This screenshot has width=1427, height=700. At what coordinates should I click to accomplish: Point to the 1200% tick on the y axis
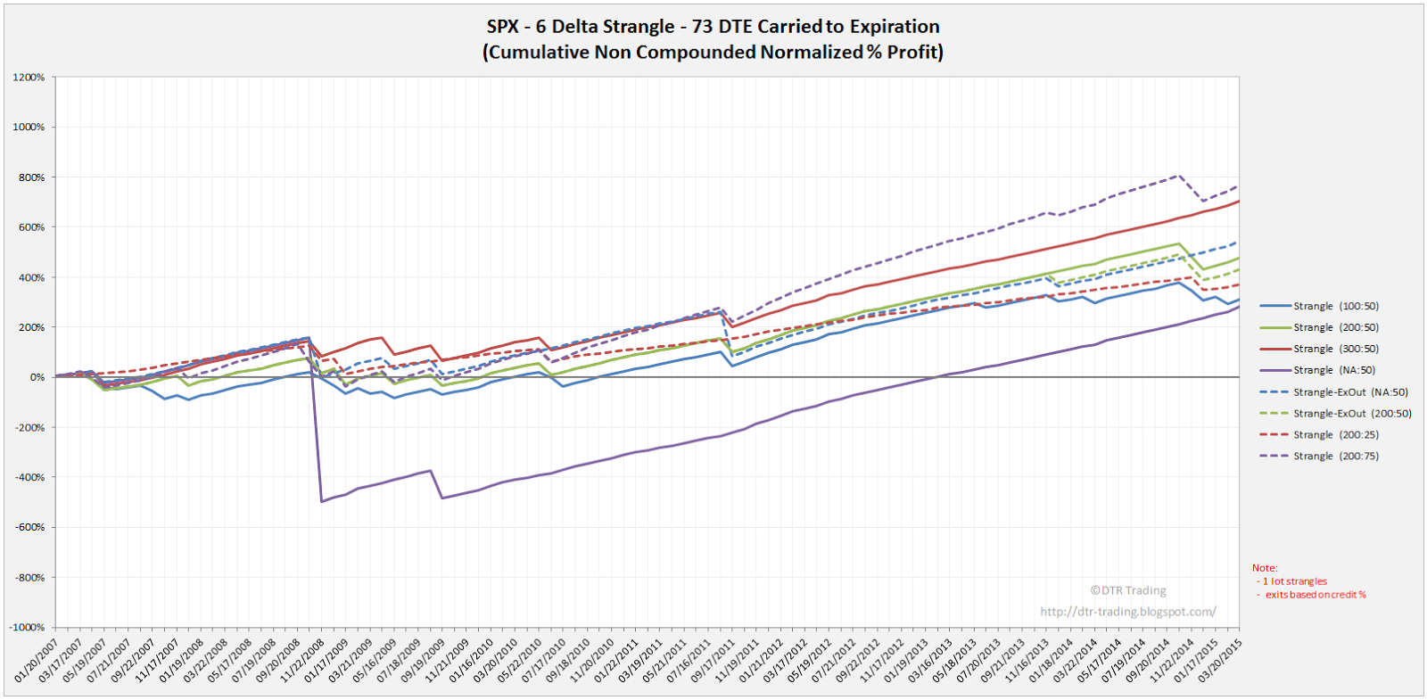tap(29, 78)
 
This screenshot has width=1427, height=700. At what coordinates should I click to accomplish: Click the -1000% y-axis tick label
tap(27, 628)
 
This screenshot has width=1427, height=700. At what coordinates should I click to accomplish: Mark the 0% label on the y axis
tap(37, 377)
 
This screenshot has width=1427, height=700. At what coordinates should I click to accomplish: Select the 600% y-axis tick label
tap(30, 227)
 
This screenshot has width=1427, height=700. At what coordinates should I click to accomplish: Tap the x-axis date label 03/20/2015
tap(1220, 661)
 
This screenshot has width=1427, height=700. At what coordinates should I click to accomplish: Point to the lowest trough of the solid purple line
tap(321, 502)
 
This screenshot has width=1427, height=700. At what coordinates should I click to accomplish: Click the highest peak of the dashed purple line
tap(1181, 175)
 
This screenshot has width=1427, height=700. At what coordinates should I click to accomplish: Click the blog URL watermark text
tap(1127, 612)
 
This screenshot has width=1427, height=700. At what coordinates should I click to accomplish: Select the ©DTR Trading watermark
tap(1127, 590)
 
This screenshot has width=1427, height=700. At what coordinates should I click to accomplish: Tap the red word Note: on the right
tap(1264, 568)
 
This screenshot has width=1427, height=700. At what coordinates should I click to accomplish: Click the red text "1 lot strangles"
tap(1294, 581)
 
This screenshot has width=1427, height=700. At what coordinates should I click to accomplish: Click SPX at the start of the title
tap(503, 27)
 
